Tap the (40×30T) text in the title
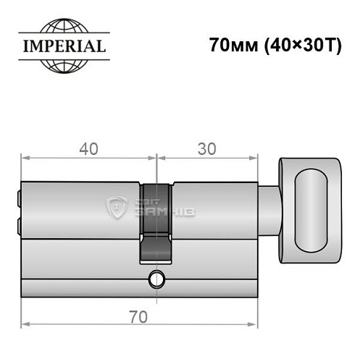tap(294, 45)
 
